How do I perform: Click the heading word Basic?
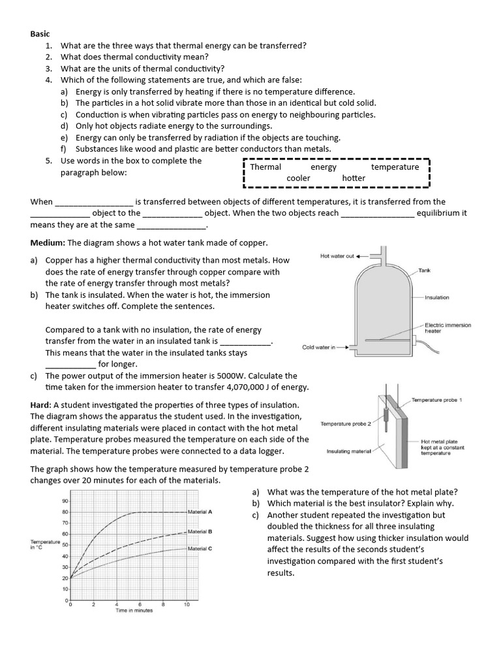point(40,34)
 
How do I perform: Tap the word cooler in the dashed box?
point(298,178)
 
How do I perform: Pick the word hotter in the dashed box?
point(354,178)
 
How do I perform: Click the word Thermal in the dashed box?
point(266,167)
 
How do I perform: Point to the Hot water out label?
point(337,256)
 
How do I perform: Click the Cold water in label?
point(318,348)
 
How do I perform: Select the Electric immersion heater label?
point(447,328)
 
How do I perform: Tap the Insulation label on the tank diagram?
point(437,297)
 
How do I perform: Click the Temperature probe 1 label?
point(436,400)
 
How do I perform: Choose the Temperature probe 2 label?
point(345,424)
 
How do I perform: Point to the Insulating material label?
point(348,451)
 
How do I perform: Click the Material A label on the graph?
point(200,512)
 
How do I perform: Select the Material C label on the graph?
point(200,549)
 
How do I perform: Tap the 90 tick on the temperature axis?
point(65,501)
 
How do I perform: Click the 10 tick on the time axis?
point(187,605)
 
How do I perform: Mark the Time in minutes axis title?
point(134,611)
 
